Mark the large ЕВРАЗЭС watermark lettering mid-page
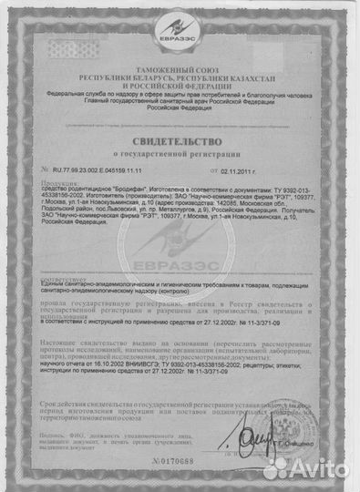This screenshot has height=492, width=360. tap(180, 274)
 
